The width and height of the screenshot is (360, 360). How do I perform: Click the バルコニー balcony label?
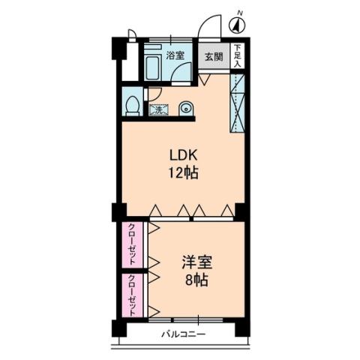point(182,334)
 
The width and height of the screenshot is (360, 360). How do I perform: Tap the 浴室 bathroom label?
point(175,55)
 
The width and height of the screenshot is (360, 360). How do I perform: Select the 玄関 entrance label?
point(214,57)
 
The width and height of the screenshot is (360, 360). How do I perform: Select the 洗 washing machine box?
point(159,110)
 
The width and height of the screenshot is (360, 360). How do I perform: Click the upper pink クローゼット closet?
point(132,244)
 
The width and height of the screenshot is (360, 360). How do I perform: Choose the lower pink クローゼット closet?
point(132,295)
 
